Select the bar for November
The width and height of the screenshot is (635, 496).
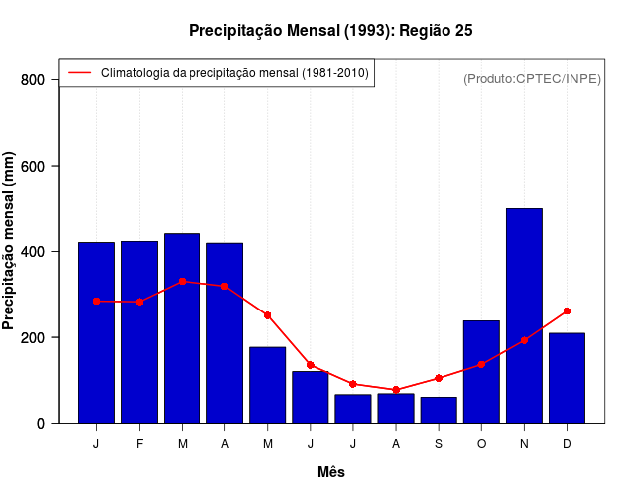point(524,315)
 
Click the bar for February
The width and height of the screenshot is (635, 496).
point(139,331)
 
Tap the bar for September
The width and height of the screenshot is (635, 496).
point(439,410)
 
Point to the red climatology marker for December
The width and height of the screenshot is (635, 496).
point(567,311)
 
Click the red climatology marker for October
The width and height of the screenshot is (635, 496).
point(481,364)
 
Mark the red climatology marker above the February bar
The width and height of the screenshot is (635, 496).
point(139,302)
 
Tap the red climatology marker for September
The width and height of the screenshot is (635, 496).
point(439,378)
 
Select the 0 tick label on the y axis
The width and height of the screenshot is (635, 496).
point(41,424)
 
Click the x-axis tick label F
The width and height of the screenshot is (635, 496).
point(139,444)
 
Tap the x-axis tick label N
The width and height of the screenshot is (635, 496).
point(524,444)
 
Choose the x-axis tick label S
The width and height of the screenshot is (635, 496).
point(439,444)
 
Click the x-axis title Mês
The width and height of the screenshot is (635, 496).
point(331,472)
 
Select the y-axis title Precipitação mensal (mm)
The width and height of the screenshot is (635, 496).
point(10,241)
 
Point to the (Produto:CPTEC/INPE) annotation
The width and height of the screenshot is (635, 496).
point(532,78)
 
